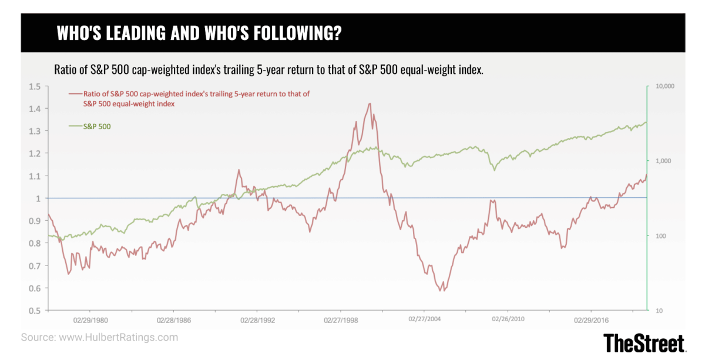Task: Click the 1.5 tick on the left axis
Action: (x=35, y=87)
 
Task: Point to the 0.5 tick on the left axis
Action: (x=35, y=311)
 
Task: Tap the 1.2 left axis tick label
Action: (x=35, y=154)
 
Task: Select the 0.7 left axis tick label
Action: (x=35, y=266)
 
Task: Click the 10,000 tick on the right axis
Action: (x=666, y=86)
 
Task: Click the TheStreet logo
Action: (x=644, y=342)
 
